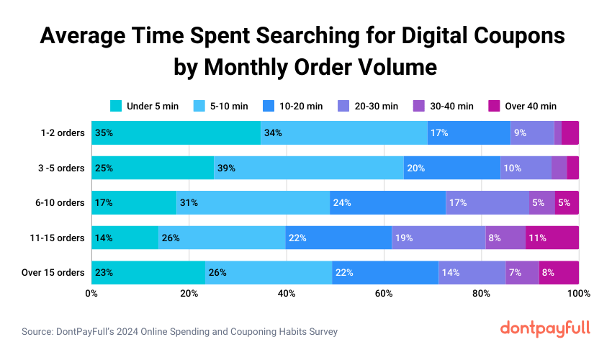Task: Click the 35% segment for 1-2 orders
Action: point(176,132)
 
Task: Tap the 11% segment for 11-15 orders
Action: point(552,238)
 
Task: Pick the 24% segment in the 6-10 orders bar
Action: point(387,203)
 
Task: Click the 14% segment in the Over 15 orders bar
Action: point(472,273)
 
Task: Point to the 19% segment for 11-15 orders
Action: point(438,238)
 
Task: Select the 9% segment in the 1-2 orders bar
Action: point(532,132)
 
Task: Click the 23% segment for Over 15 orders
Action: point(148,273)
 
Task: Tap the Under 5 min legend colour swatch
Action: point(116,106)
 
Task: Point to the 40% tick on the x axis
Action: point(287,294)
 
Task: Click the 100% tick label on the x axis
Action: point(578,294)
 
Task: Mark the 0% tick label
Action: point(91,294)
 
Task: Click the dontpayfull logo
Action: point(544,328)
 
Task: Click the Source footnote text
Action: point(179,332)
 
